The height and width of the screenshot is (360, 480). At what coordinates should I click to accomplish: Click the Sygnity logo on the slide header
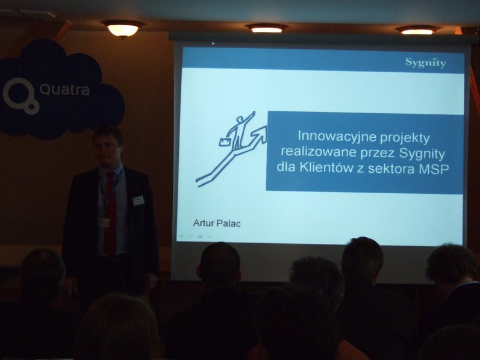(x=426, y=63)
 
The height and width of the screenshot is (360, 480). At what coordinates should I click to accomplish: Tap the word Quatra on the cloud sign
(x=64, y=90)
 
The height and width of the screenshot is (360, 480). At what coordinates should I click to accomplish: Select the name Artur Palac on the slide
(x=216, y=223)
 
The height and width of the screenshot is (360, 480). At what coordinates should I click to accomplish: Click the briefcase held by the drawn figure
(x=225, y=141)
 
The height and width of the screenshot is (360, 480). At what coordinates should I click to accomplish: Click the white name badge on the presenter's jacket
(x=139, y=201)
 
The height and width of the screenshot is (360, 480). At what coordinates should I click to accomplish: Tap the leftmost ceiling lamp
(x=123, y=29)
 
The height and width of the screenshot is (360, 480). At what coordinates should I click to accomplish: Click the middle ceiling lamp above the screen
(x=267, y=28)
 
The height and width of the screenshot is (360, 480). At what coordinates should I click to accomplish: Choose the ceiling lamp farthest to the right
(x=417, y=30)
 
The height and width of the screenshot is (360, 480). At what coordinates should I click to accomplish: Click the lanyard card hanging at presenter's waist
(x=104, y=223)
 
